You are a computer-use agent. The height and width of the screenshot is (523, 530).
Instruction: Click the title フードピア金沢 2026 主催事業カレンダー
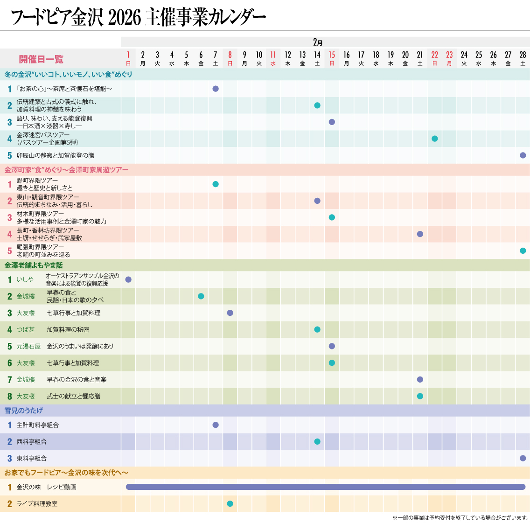pos(138,18)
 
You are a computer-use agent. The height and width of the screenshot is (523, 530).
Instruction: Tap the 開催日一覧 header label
pos(41,59)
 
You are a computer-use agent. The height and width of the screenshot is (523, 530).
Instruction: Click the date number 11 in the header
pos(273,55)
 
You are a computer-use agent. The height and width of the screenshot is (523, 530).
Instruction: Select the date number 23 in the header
pos(449,55)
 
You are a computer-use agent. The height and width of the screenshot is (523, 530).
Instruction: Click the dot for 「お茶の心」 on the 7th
pos(216,89)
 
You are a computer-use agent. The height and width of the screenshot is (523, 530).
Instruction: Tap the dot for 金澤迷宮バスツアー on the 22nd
pos(435,139)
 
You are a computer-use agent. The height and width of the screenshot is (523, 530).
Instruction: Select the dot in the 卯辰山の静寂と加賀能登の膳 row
pos(523,155)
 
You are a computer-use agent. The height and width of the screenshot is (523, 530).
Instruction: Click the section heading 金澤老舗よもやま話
pos(34,265)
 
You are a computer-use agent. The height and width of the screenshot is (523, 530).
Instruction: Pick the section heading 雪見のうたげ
pos(24,411)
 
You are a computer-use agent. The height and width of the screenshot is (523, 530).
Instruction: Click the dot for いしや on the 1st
pos(128,279)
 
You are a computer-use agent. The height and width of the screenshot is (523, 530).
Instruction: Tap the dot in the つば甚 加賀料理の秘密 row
pos(317,329)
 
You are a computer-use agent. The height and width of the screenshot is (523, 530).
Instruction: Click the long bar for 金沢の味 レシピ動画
pos(326,487)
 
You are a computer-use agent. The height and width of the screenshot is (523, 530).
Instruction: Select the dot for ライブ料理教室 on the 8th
pos(230,504)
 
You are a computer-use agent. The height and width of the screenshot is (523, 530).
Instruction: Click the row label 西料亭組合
pos(32,442)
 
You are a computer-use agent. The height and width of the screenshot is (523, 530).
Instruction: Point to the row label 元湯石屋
pos(28,346)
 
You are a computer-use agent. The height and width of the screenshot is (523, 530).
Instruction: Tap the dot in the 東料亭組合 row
pos(523,458)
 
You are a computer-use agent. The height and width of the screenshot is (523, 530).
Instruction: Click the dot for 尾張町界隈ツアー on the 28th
pos(523,251)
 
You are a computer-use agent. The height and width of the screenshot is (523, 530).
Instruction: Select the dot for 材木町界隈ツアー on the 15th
pos(332,217)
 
